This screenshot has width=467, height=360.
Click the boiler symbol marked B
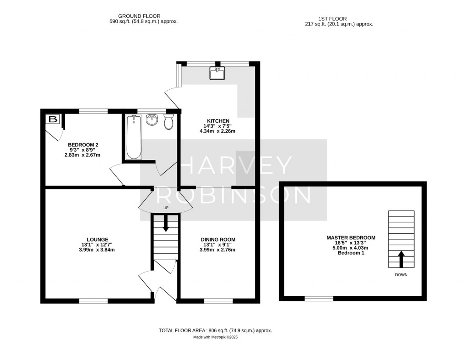tap(52, 120)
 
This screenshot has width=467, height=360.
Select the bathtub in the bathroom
tap(134, 137)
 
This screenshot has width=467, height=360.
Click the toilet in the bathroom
tap(168, 122)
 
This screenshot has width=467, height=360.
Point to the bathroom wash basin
tap(152, 120)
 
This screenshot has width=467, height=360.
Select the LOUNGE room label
tap(98, 239)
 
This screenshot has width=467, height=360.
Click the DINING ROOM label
tap(218, 239)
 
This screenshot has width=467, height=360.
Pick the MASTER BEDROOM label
tap(351, 238)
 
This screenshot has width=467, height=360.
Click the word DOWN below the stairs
tap(401, 275)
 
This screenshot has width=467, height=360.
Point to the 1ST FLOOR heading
tap(339, 19)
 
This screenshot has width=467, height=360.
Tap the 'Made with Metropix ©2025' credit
tap(215, 338)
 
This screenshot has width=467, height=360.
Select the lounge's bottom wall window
tap(93, 301)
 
